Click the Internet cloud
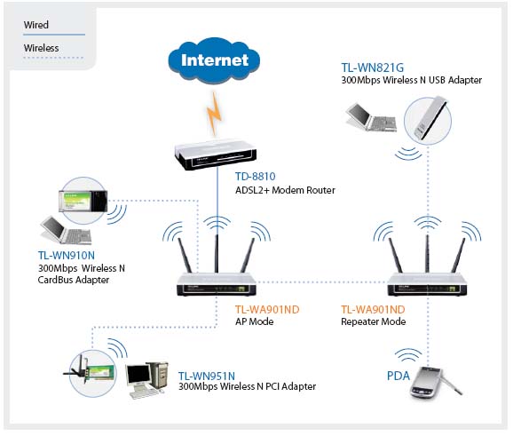(214, 60)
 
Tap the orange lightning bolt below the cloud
(214, 114)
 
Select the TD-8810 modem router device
(215, 155)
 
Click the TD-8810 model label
(256, 177)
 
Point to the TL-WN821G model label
(372, 67)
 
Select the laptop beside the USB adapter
(371, 117)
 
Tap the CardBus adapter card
(83, 201)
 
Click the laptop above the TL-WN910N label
(66, 230)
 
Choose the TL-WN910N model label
(67, 256)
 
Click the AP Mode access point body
(217, 284)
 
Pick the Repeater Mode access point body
(427, 284)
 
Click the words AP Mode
(254, 321)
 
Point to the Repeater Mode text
(374, 321)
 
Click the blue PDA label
(399, 376)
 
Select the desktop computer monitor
(139, 376)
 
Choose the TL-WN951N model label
(207, 376)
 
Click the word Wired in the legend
(36, 25)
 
